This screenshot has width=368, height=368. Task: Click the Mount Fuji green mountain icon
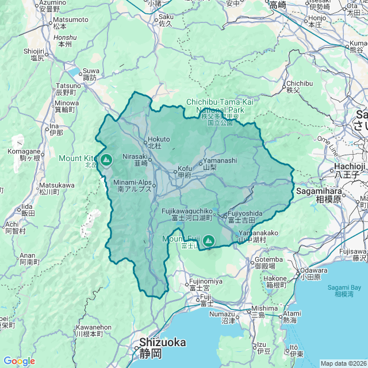tap(208, 240)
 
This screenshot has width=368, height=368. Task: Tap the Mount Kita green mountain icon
tap(105, 159)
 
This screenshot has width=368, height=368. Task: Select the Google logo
tap(19, 361)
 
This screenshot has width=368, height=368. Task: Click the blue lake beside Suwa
tap(75, 72)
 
